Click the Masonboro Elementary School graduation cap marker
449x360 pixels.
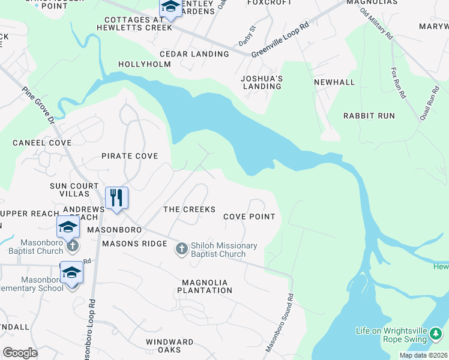coord(71,273)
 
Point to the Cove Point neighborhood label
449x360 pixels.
coord(249,217)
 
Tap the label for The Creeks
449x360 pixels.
coord(189,209)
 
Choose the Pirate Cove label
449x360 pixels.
coord(130,156)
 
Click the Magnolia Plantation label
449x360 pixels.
coord(205,286)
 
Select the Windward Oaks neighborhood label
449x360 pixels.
coord(170,347)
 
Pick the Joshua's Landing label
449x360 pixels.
coord(261,82)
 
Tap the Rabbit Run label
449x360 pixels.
coord(369,115)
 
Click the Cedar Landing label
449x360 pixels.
coord(194,54)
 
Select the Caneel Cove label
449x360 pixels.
coord(42,143)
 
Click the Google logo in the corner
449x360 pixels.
coord(20,353)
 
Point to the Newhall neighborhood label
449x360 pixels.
coord(331,80)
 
